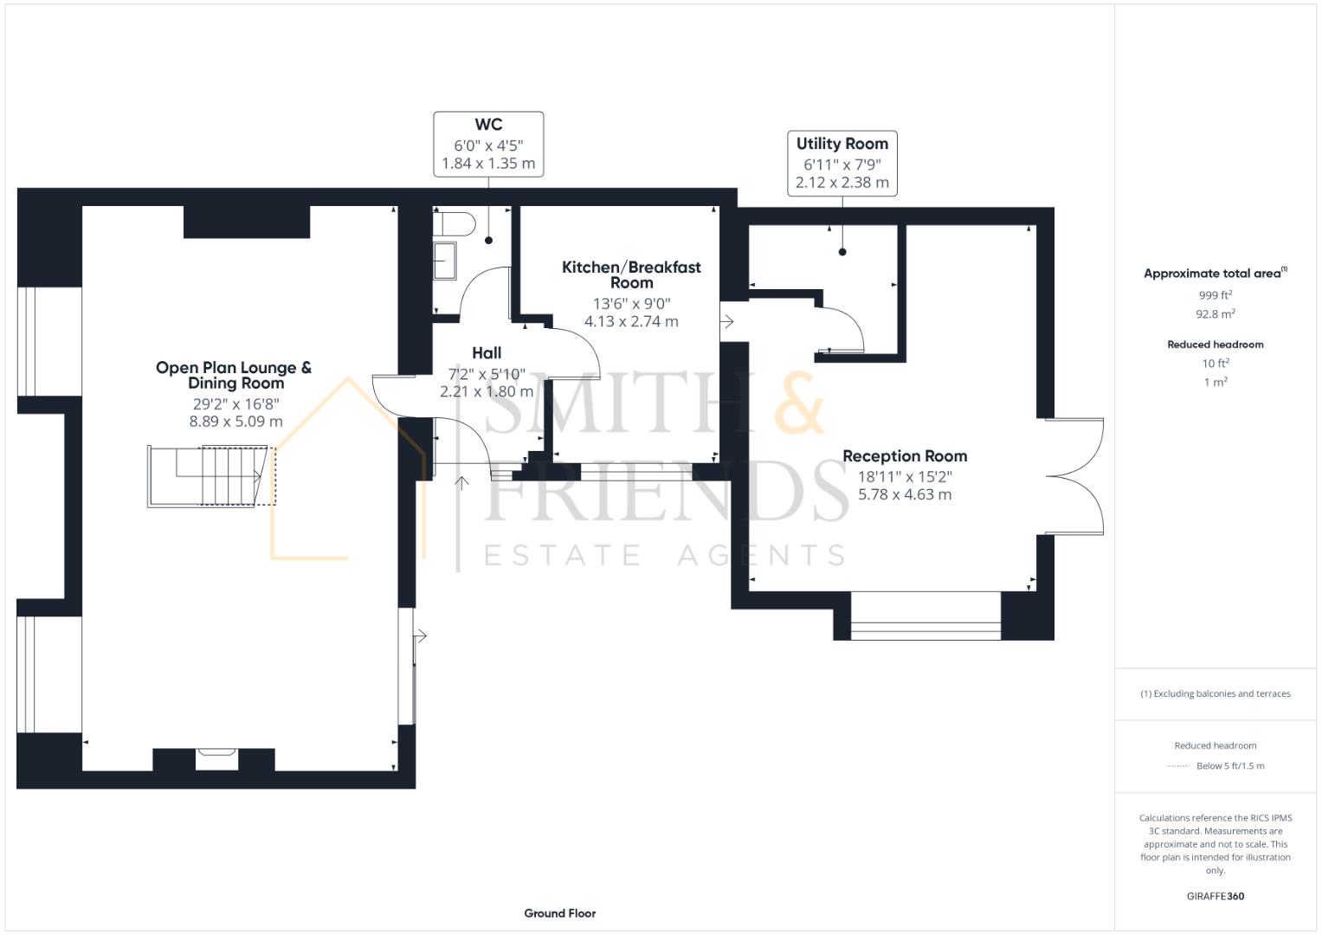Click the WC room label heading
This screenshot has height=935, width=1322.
[488, 125]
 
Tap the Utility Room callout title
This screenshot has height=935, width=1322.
[842, 144]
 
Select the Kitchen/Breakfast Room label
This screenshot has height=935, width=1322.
[631, 274]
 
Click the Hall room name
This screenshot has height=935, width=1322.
[487, 352]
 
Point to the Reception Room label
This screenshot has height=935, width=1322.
[905, 456]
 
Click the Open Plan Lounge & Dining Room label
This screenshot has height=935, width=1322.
[235, 375]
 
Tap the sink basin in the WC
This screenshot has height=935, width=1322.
[445, 261]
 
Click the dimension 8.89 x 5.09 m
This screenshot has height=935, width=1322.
[235, 422]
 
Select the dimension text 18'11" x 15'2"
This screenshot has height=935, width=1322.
[905, 476]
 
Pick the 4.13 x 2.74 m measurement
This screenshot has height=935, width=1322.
[631, 321]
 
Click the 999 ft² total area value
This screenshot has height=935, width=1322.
[1215, 295]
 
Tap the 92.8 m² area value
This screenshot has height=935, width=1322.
[1215, 314]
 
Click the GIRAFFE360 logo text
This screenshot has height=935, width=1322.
[1215, 896]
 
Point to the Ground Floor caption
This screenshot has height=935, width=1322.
[559, 912]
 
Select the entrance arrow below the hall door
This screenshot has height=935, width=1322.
[461, 483]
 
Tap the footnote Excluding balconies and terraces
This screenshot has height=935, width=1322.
[1215, 693]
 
